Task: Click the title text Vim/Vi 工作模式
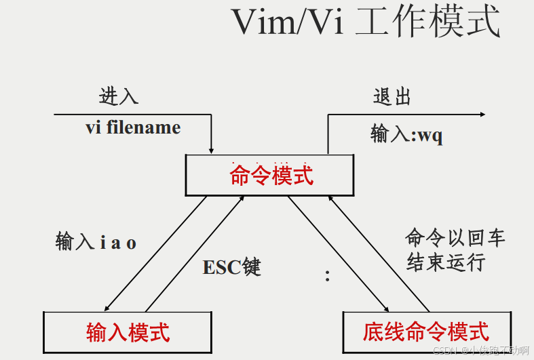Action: point(366,23)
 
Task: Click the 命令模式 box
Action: point(270,176)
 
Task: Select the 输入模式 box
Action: point(128,332)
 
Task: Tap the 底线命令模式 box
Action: point(425,332)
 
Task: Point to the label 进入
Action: point(119,96)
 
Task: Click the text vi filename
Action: point(133,127)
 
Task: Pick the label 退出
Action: point(392,96)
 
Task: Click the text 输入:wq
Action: point(406,134)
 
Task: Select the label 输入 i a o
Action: point(96,242)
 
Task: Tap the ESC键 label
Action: point(231,267)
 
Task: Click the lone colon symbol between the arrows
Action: point(327,276)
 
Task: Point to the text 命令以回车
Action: point(455,238)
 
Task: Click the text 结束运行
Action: point(446,262)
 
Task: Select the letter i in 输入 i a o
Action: point(102,243)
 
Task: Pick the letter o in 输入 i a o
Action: point(132,243)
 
